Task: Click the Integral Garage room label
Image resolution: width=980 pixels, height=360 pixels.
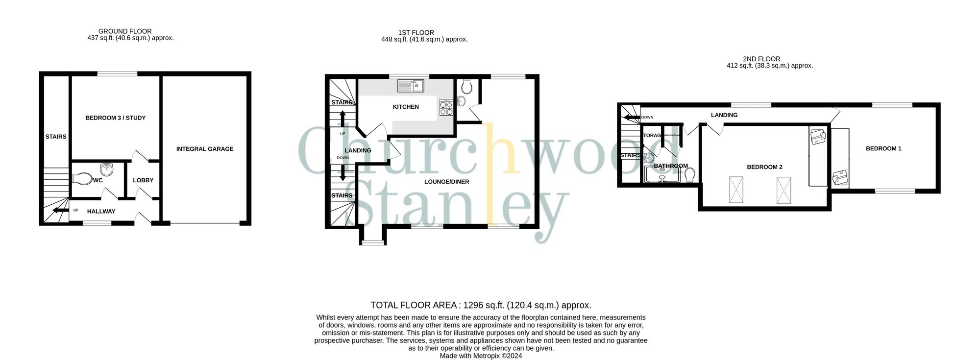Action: tap(205, 149)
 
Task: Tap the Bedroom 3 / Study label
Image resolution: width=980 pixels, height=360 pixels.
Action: tap(116, 118)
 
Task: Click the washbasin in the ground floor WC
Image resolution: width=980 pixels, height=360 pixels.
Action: tap(107, 170)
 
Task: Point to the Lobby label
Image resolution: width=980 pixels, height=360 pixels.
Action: tap(143, 180)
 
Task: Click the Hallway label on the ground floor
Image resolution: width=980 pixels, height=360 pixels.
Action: tap(101, 212)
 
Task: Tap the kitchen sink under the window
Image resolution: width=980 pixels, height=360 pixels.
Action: tap(411, 86)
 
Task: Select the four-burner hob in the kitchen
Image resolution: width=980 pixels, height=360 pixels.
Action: tap(446, 108)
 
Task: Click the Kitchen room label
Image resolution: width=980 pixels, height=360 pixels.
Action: tap(406, 107)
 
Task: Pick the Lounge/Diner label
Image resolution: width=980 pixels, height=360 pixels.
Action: tap(446, 182)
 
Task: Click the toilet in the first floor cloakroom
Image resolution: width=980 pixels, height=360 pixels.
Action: tap(466, 87)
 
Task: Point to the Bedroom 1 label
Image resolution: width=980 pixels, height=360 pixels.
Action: tap(883, 148)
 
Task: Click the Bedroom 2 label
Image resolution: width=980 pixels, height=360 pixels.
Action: tap(764, 167)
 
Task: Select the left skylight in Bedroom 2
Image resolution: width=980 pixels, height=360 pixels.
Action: tap(736, 189)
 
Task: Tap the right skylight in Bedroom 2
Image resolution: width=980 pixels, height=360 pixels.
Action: tap(784, 191)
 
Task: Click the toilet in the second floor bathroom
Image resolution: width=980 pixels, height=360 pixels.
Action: tap(690, 174)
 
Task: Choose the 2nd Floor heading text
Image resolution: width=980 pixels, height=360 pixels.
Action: tap(761, 59)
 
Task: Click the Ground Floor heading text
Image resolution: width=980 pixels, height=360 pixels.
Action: tap(125, 31)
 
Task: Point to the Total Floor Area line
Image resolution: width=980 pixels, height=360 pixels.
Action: tap(481, 305)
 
